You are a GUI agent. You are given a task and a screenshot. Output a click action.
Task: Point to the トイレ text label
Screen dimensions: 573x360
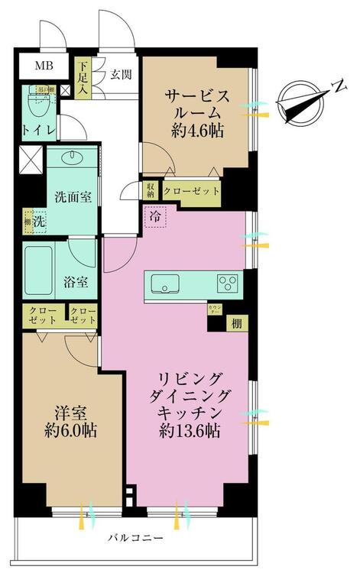click(37, 131)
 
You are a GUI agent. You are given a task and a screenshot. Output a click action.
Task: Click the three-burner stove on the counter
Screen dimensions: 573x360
click(229, 283)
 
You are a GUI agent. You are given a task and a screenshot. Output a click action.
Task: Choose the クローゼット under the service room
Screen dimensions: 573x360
click(192, 191)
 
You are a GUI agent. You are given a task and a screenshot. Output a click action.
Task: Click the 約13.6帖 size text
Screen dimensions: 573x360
click(190, 431)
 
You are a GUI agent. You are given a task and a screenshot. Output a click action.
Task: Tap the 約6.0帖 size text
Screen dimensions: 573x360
click(69, 429)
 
